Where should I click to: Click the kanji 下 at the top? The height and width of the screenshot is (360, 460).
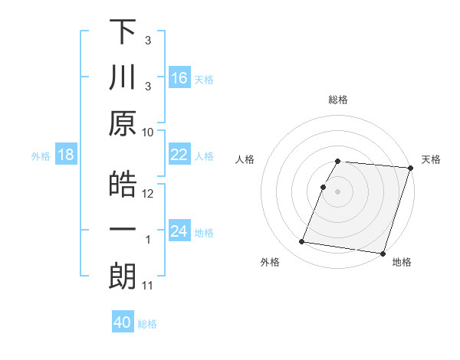pos(123,34)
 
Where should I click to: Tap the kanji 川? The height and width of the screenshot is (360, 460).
pos(123,78)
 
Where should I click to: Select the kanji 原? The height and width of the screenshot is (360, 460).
pos(123,123)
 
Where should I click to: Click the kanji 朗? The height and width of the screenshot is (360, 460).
pos(123,276)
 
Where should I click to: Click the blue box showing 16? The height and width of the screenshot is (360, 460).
pos(179,78)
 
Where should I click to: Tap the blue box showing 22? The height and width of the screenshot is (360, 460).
pos(179,155)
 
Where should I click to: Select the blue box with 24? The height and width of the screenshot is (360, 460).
pos(179,231)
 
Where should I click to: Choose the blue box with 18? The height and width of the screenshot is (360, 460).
pos(66,155)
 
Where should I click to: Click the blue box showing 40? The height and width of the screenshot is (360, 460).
pos(123,322)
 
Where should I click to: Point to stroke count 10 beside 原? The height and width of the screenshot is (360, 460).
pos(148,132)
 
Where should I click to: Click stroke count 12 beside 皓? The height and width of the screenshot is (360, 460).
pos(148,193)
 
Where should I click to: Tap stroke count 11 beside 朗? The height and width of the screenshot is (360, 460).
pos(148,286)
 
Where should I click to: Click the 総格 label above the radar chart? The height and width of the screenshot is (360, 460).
pos(338,100)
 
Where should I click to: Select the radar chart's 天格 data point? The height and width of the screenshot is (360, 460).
pos(410,168)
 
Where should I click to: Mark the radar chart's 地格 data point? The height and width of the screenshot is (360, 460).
pos(383,254)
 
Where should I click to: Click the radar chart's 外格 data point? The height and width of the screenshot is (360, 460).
pos(302,242)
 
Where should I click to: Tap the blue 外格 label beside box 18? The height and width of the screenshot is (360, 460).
pos(41,155)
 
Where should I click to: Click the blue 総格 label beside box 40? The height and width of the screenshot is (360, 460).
pos(147,324)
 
